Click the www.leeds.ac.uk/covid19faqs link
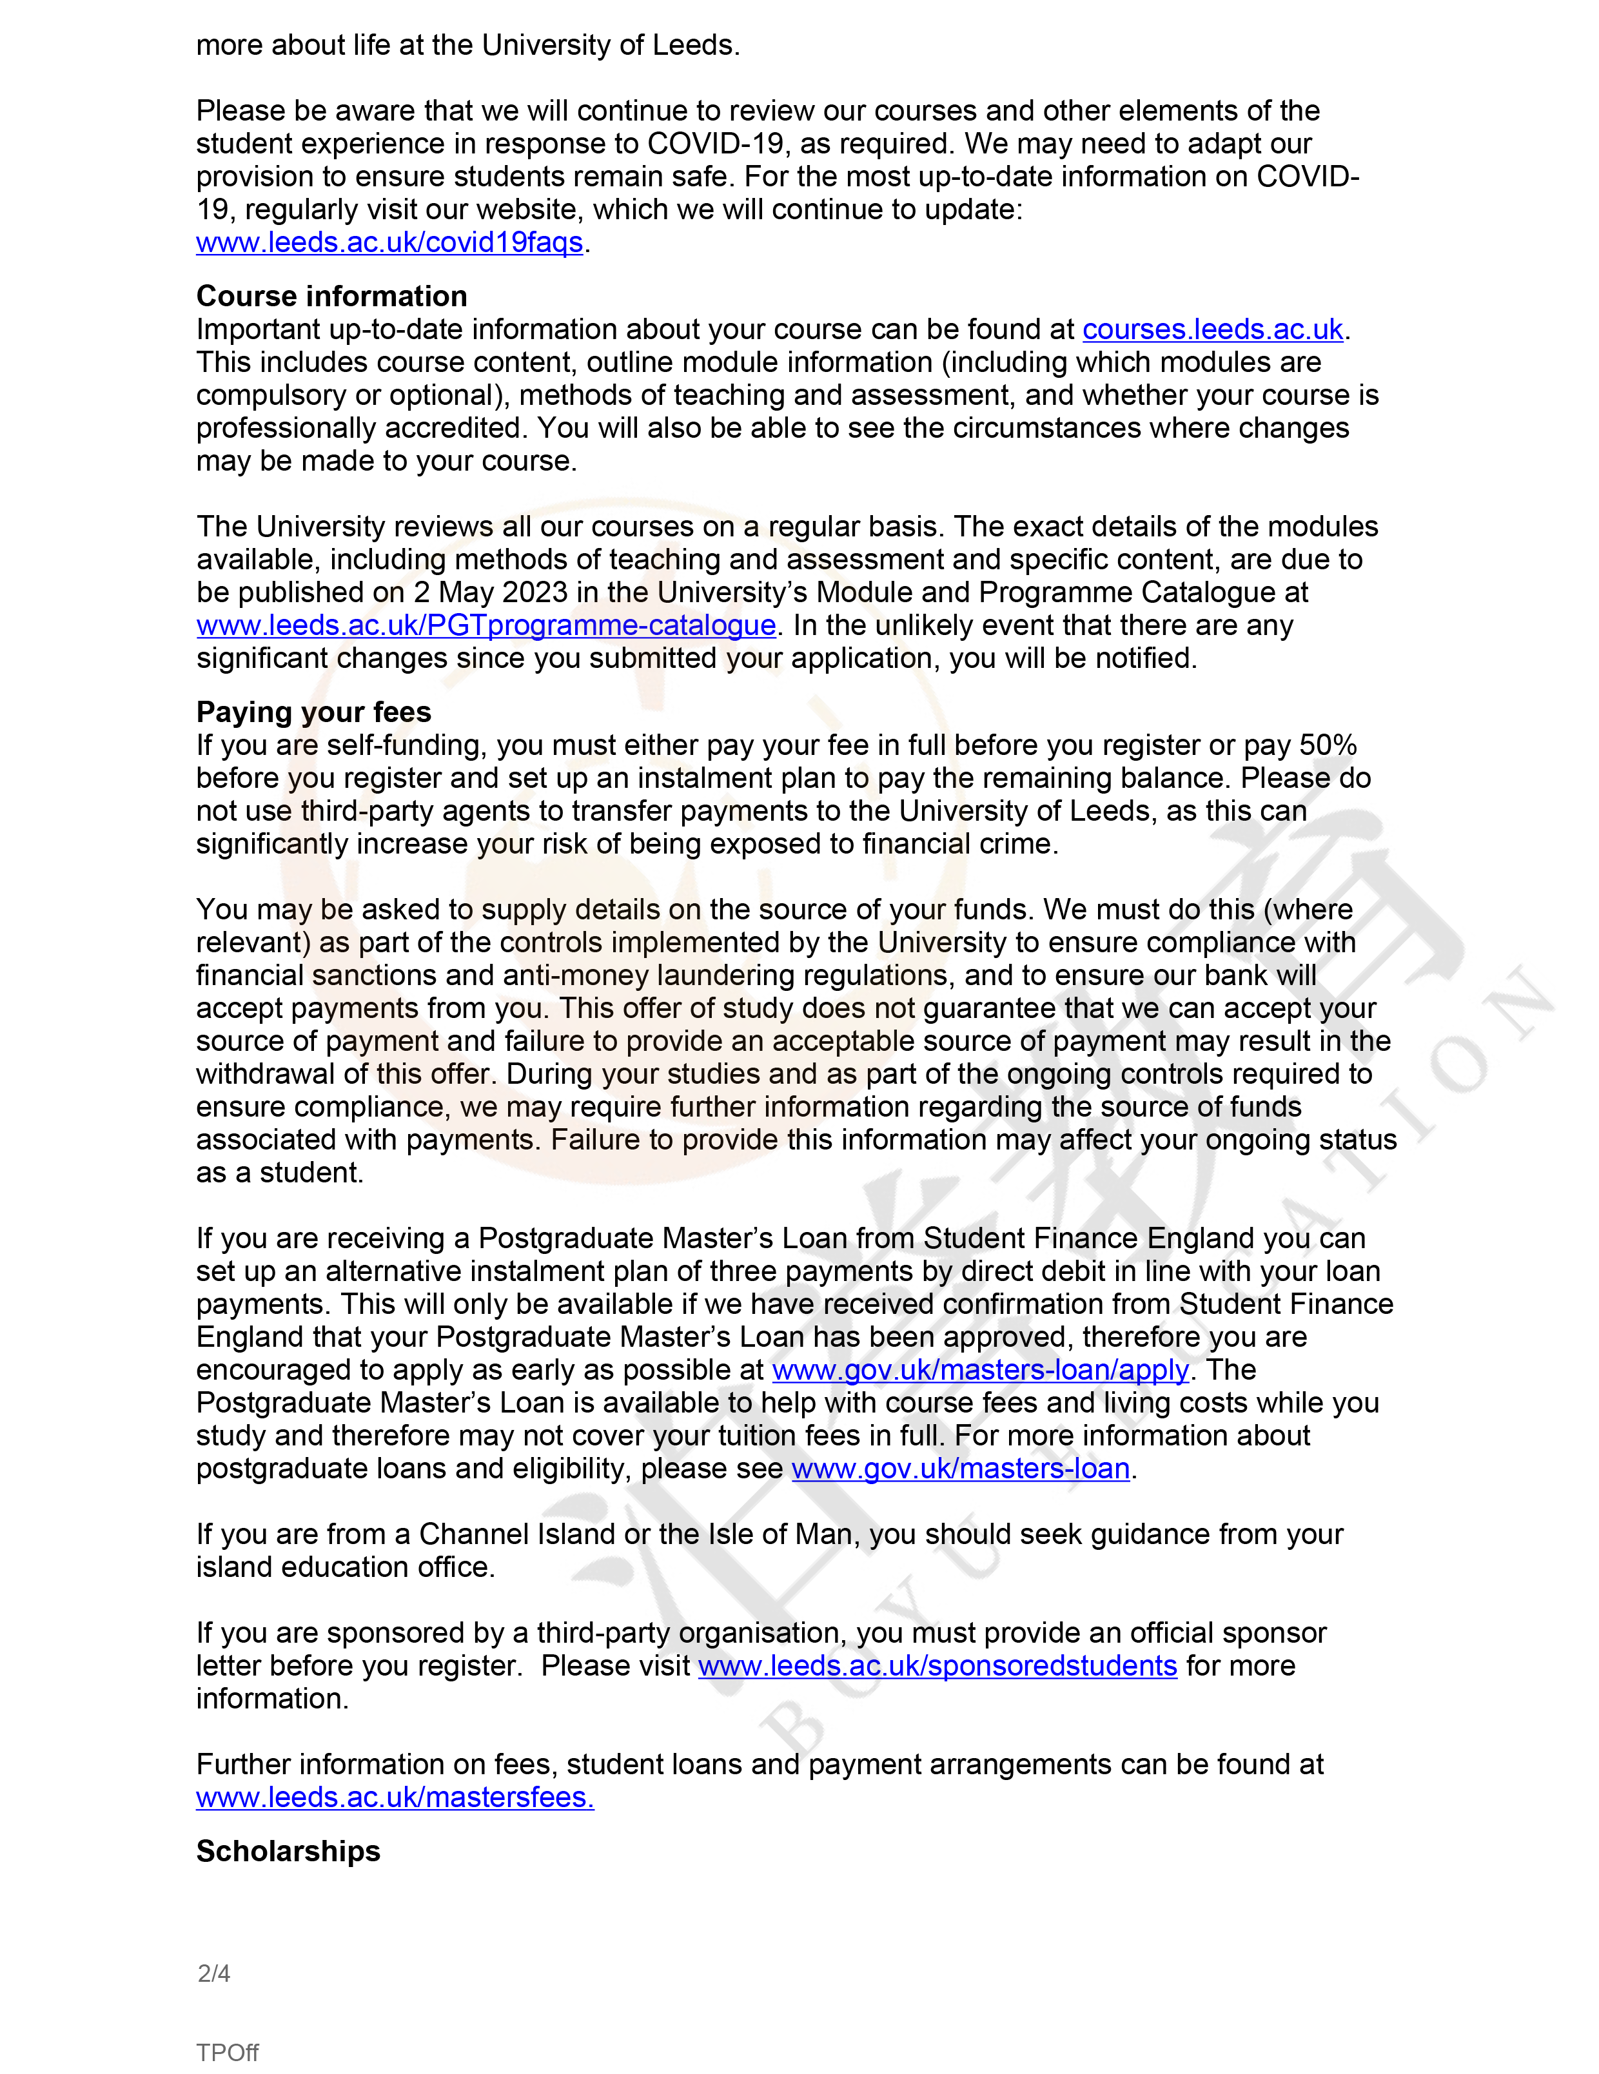[389, 242]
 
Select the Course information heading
[331, 297]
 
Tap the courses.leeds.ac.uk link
[1213, 329]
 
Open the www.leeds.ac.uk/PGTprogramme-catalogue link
[486, 626]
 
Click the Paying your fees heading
[313, 712]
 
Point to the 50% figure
[1328, 745]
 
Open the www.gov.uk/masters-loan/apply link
[980, 1371]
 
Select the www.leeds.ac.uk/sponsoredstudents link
[937, 1666]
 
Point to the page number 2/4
[213, 1973]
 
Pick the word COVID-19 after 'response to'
[715, 143]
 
